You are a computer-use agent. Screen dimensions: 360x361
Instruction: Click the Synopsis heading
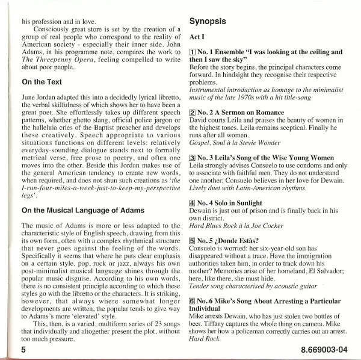[x=208, y=21]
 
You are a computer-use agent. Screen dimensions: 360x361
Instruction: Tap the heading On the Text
[x=46, y=82]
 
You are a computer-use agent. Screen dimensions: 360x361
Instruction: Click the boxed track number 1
[x=193, y=52]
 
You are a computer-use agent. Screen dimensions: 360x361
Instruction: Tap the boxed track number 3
[x=193, y=158]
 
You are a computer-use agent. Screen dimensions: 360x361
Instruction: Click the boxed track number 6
[x=193, y=300]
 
